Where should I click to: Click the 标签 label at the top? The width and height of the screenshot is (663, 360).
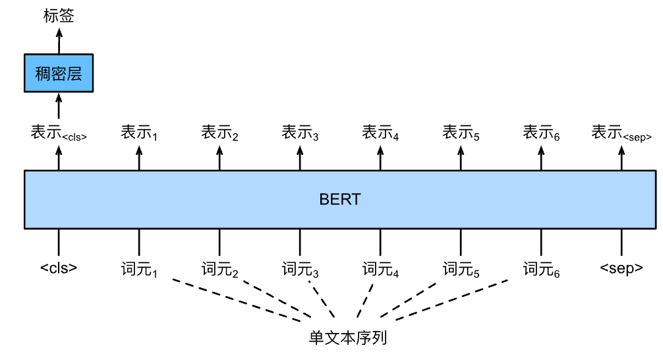tap(59, 16)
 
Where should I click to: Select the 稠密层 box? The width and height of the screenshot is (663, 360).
tap(59, 73)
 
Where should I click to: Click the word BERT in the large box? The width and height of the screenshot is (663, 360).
tap(340, 199)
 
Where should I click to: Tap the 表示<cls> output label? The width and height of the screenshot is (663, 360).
tap(59, 133)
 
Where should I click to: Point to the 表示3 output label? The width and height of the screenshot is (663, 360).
tap(301, 133)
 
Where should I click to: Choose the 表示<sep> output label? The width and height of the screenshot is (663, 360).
tap(621, 133)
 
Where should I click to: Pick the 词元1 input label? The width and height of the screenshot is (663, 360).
tap(139, 269)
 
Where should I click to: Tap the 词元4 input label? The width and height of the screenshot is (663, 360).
tap(381, 269)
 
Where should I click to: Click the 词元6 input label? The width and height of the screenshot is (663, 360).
tap(542, 269)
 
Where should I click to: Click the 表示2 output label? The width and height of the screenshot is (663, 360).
tap(220, 133)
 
